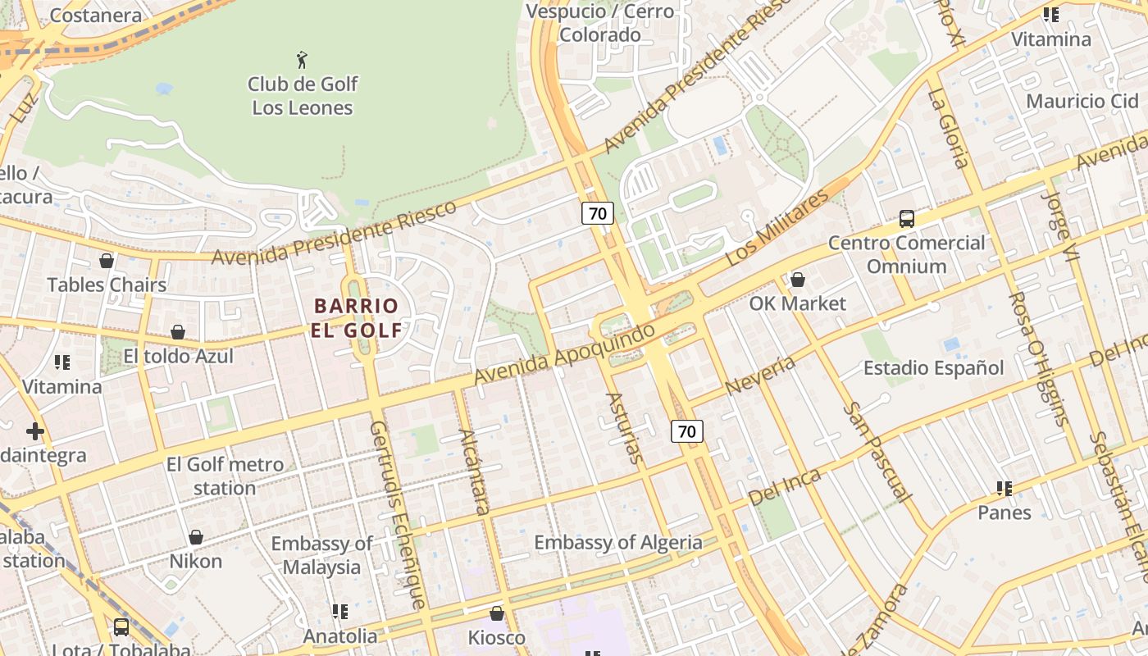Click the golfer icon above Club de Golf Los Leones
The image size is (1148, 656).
(302, 60)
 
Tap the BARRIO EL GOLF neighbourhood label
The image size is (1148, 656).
(358, 318)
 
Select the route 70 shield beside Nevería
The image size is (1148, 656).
(687, 430)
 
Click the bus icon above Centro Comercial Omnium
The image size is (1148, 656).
(906, 219)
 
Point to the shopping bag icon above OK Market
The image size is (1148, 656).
(797, 280)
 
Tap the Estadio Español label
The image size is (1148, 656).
(933, 368)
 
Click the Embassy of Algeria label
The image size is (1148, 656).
(617, 543)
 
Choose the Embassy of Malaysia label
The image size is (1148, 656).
(321, 555)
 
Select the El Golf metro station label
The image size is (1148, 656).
(225, 476)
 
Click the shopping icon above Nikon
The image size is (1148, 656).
(196, 538)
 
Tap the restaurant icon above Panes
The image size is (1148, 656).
(1004, 489)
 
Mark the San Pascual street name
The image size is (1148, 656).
(877, 452)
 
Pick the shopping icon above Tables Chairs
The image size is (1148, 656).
(107, 262)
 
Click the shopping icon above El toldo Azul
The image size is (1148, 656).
(178, 332)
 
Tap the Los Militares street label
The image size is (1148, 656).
(777, 229)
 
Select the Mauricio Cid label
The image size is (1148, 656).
(1082, 101)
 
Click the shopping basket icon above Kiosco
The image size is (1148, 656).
(496, 613)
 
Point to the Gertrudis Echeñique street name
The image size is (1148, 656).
(397, 515)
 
